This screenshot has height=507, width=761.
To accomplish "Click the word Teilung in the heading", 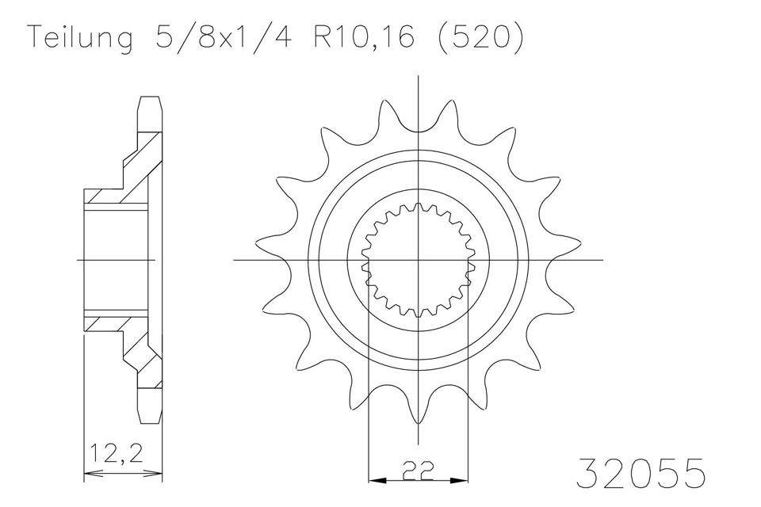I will click(79, 39).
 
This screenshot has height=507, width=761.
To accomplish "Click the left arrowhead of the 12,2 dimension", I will click(88, 474).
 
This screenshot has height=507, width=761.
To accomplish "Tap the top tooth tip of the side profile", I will click(151, 99).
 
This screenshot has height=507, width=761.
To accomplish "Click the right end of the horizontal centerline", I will click(602, 259).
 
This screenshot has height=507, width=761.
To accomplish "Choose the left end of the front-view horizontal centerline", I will click(235, 259).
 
